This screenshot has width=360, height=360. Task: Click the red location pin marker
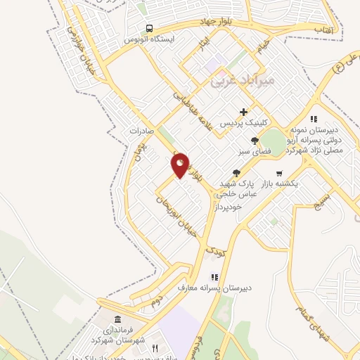point(181,165)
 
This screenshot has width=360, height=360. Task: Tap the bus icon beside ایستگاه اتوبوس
point(149,29)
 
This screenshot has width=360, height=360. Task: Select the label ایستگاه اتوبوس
point(148,39)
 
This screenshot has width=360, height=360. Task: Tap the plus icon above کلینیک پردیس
point(243,112)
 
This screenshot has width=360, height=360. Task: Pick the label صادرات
point(141,131)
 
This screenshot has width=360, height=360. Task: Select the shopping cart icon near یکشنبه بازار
point(279,173)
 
